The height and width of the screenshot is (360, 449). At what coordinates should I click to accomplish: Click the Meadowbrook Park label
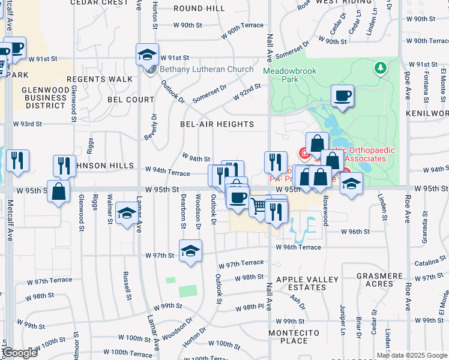289,74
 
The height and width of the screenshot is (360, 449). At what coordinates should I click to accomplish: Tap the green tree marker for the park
379,68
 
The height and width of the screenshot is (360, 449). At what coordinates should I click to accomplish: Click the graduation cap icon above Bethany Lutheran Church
147,55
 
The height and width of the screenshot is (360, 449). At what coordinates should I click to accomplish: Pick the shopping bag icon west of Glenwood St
58,192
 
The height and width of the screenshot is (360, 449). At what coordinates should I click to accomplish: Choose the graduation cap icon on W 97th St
190,251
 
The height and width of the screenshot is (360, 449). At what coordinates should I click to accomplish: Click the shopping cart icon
259,207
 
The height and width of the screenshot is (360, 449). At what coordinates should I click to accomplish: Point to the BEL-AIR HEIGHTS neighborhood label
217,124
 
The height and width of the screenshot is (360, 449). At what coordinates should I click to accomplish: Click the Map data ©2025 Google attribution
412,355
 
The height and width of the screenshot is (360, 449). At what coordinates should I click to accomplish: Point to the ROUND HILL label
199,9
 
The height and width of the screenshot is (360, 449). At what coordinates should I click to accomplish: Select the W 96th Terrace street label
298,247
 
